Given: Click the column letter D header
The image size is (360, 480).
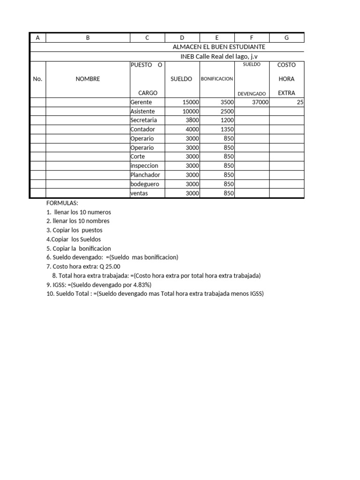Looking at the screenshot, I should click(182, 38).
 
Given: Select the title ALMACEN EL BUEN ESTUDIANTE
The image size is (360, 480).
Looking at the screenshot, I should click(219, 47).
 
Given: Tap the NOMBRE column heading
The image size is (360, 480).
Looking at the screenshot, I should click(88, 79).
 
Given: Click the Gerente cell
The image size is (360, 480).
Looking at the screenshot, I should click(141, 102).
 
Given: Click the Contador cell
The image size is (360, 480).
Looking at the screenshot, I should click(142, 129).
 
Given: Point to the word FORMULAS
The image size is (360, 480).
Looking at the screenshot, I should click(62, 203).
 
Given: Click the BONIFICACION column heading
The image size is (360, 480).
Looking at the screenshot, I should click(217, 79).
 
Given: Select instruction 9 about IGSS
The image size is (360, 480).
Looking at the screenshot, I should click(99, 285).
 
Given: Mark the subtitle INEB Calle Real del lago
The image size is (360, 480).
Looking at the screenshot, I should click(219, 56).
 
